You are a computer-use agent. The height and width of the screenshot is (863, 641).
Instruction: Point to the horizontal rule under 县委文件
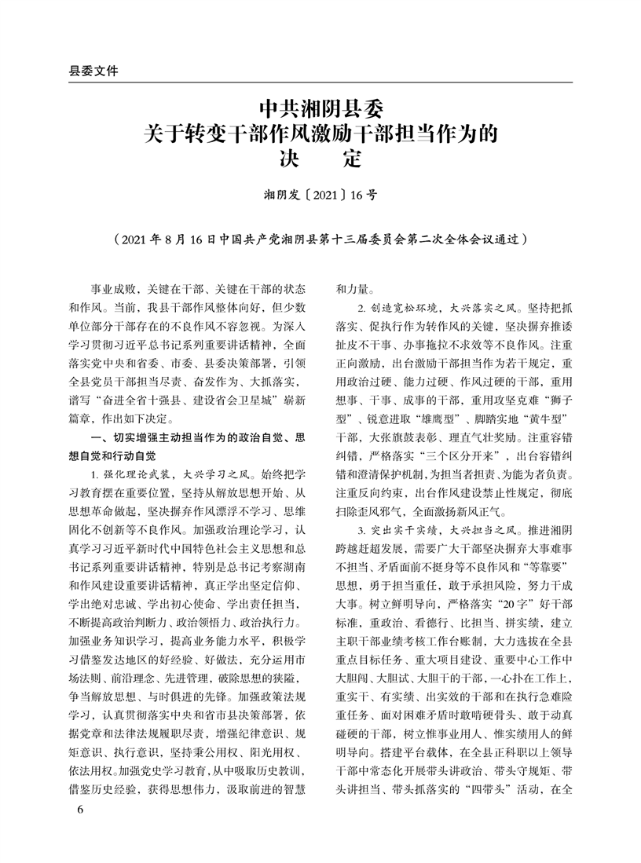(320, 82)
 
